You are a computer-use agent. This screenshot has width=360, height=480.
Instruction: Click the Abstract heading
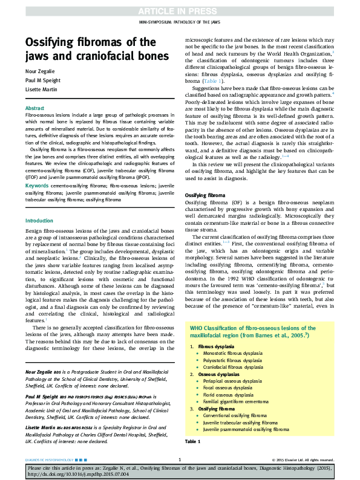pos(34,108)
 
